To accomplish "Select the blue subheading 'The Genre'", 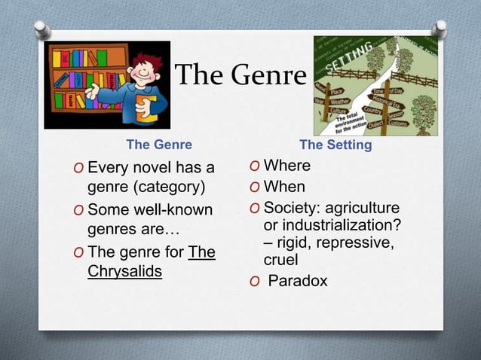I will tap(158, 144).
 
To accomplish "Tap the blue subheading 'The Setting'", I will tap(335, 144).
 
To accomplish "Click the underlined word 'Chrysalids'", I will tap(124, 271).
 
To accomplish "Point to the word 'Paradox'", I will tap(299, 282).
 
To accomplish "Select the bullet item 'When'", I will tap(284, 186).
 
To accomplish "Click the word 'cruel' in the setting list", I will tap(280, 260).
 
